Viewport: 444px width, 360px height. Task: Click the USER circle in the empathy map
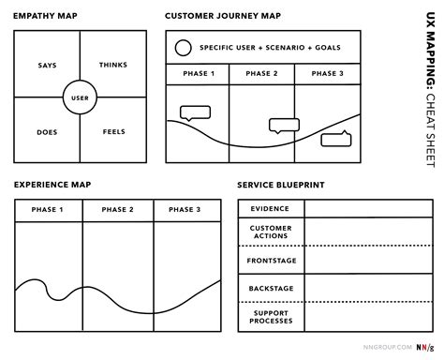(x=80, y=97)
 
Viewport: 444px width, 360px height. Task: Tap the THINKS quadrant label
(x=113, y=65)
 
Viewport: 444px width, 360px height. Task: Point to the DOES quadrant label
(x=47, y=131)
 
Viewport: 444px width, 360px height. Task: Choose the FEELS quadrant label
(x=113, y=131)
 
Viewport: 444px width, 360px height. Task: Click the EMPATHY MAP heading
(x=44, y=16)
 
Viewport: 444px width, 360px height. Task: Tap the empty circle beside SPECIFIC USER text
(x=184, y=47)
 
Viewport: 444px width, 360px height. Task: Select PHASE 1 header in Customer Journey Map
(x=198, y=74)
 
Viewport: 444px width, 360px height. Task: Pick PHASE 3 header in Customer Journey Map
(x=328, y=74)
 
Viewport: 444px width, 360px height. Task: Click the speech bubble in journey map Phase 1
(x=195, y=115)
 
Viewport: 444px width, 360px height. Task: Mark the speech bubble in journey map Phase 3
(x=334, y=140)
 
